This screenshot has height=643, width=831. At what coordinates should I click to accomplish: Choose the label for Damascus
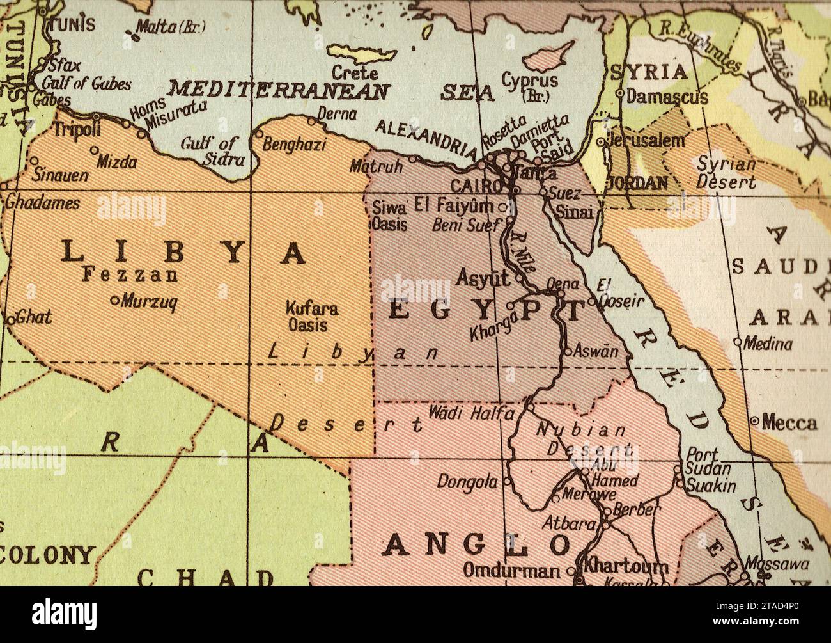pos(667,97)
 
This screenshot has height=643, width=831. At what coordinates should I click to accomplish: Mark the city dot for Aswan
pos(567,351)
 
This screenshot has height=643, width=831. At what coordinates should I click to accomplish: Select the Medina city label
pos(768,344)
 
